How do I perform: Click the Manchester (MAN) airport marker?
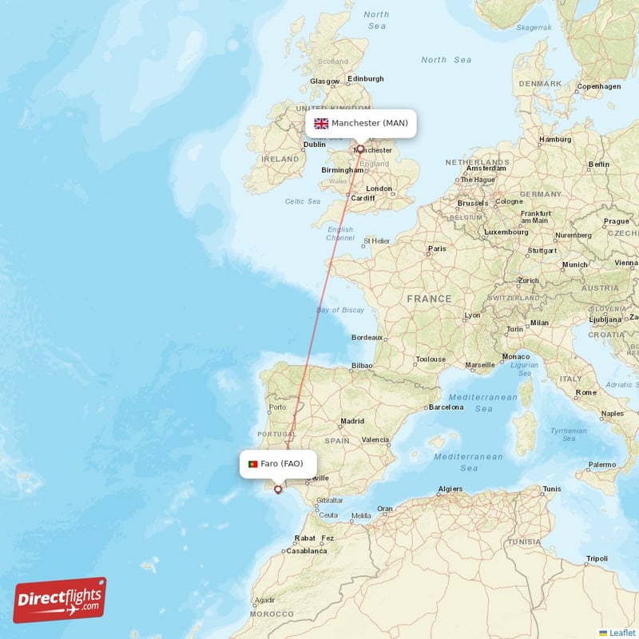tap(360, 149)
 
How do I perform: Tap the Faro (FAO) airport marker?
tap(278, 490)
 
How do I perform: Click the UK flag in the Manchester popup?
tap(321, 123)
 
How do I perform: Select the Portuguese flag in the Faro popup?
tap(252, 464)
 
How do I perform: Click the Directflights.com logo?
tap(60, 600)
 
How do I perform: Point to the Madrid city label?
tap(352, 421)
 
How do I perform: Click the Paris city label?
tap(437, 248)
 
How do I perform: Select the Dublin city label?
tap(314, 145)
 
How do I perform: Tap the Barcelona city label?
tap(446, 407)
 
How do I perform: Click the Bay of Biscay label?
tap(340, 310)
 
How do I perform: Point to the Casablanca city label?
tap(307, 550)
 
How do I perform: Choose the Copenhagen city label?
tap(598, 86)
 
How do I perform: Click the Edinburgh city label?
tap(366, 78)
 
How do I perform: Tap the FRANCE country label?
tap(429, 299)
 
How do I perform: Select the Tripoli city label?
tap(596, 558)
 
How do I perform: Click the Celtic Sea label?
tap(303, 201)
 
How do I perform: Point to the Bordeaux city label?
tap(367, 338)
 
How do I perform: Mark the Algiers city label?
tap(450, 489)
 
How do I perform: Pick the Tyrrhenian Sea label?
tap(569, 434)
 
